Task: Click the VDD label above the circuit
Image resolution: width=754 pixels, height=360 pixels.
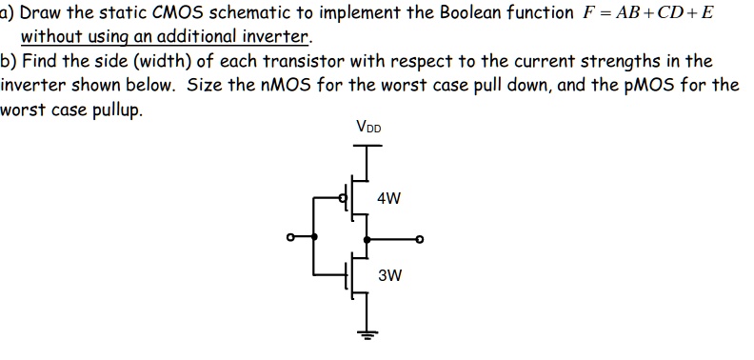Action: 367,127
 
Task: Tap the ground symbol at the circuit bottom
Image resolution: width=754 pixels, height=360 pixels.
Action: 366,334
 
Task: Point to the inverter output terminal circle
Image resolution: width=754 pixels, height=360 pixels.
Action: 418,238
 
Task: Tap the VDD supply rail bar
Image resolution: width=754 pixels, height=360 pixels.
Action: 366,146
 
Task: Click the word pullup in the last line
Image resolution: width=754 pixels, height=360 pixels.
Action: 119,108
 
